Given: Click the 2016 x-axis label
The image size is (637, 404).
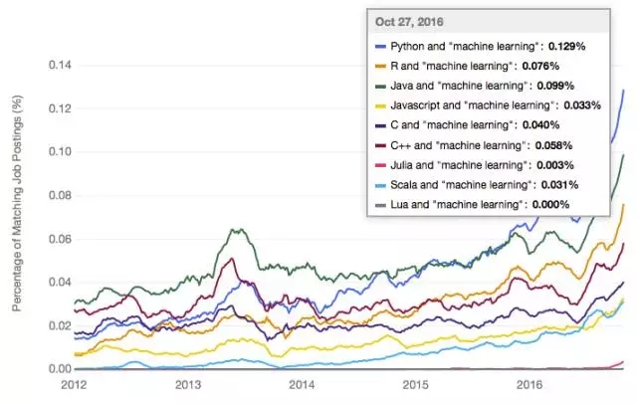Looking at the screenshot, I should (x=528, y=383).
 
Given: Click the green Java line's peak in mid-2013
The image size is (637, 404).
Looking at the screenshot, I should (x=235, y=229).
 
